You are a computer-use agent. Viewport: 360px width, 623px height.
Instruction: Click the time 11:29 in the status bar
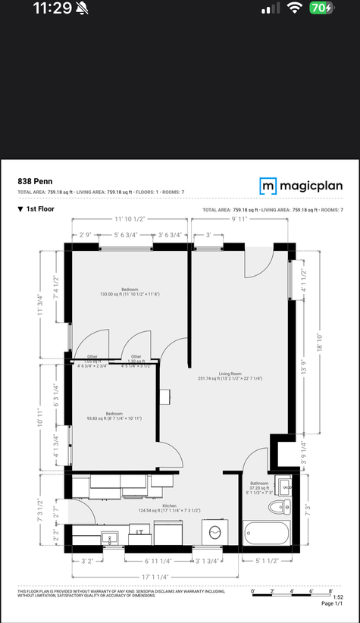point(52,9)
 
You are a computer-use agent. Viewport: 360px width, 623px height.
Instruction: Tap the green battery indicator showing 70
point(321,8)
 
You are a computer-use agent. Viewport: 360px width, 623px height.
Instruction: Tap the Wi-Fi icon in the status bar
point(294,8)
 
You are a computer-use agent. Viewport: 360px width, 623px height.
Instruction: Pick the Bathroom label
point(261,487)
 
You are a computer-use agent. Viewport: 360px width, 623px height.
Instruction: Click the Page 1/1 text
point(332,603)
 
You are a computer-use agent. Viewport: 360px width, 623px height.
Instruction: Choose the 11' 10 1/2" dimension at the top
point(130,218)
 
